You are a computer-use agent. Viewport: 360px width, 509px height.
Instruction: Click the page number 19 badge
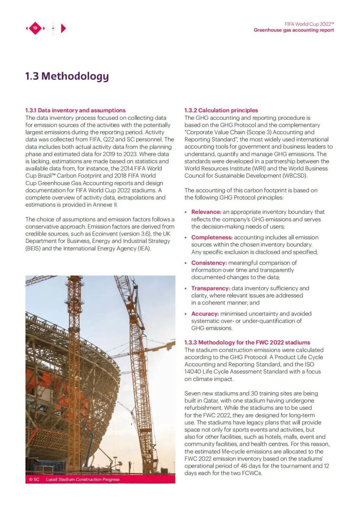[35, 28]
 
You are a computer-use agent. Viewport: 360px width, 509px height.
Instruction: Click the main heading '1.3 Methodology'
[67, 76]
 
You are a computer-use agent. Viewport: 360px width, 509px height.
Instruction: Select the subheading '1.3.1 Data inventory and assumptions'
[75, 110]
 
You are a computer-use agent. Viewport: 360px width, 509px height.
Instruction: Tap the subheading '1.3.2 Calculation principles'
[221, 110]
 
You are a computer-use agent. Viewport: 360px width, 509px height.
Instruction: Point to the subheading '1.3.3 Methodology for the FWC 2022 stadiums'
[247, 342]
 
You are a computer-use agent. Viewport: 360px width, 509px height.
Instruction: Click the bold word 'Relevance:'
[206, 212]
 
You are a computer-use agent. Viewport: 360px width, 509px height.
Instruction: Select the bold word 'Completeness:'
[212, 238]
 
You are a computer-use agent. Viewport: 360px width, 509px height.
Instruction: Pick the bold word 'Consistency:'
[209, 263]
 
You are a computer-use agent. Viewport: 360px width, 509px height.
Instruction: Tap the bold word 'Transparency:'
[210, 288]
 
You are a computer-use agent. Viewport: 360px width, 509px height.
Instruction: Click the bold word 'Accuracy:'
[205, 314]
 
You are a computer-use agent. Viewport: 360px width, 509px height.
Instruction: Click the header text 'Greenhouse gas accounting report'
[294, 30]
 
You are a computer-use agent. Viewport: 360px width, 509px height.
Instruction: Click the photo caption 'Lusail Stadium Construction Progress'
[83, 479]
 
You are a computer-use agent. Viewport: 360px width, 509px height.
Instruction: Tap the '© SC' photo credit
[34, 479]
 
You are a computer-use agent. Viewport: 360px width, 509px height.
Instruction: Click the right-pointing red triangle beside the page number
[63, 28]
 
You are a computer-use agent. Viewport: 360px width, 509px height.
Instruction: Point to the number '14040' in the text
[193, 371]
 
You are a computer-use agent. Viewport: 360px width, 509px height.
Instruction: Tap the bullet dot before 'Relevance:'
[186, 212]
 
